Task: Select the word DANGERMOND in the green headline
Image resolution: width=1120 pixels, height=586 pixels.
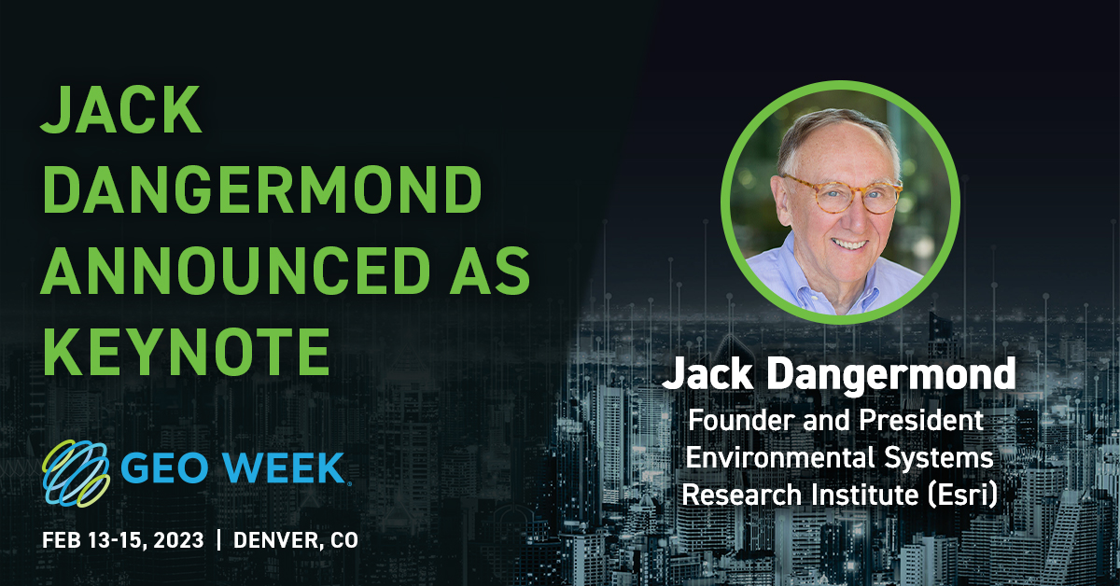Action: pyautogui.click(x=262, y=192)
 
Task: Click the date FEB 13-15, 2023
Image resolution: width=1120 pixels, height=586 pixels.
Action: pyautogui.click(x=122, y=540)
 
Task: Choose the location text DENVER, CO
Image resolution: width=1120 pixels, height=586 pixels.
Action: pyautogui.click(x=296, y=540)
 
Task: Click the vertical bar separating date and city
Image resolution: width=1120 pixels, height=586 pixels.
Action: pyautogui.click(x=219, y=540)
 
